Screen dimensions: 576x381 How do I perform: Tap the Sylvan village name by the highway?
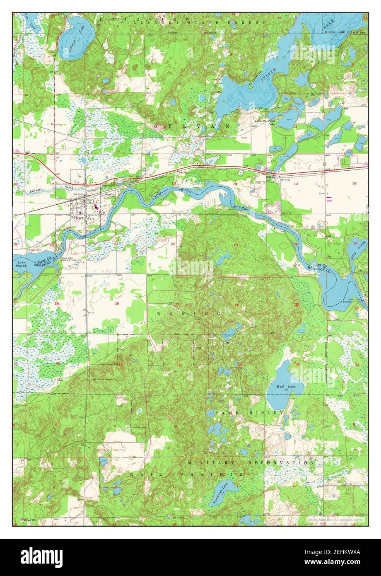tap(270, 176)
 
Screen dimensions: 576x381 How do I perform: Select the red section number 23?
tap(236, 245)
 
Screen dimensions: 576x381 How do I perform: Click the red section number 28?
tap(117, 304)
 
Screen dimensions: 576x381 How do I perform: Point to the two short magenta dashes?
tap(330, 198)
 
